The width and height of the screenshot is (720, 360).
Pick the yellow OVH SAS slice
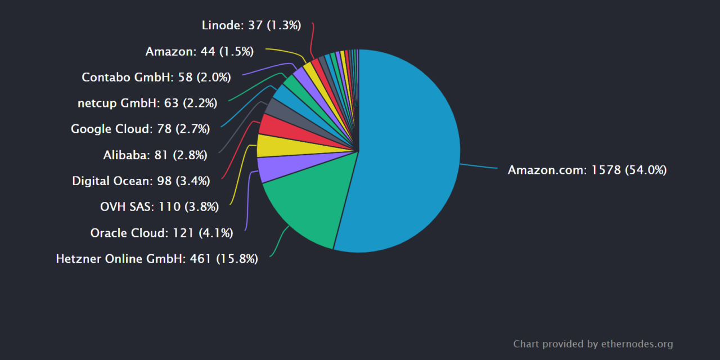click(x=270, y=146)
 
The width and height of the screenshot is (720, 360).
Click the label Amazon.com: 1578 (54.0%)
click(x=587, y=170)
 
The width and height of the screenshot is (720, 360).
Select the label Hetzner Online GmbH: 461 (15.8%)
click(x=157, y=259)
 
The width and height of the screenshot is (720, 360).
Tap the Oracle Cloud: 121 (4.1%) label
click(x=161, y=233)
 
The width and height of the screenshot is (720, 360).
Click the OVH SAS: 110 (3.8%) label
click(x=159, y=207)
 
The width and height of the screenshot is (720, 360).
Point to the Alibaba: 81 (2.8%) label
click(x=155, y=155)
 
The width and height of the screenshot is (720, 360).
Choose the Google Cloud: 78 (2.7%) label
click(x=140, y=129)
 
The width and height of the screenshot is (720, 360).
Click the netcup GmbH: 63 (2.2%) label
click(x=147, y=103)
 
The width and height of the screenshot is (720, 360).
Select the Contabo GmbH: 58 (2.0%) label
click(x=156, y=78)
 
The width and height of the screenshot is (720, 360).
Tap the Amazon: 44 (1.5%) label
click(x=200, y=52)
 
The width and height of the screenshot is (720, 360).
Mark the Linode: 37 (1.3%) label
click(x=251, y=25)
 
